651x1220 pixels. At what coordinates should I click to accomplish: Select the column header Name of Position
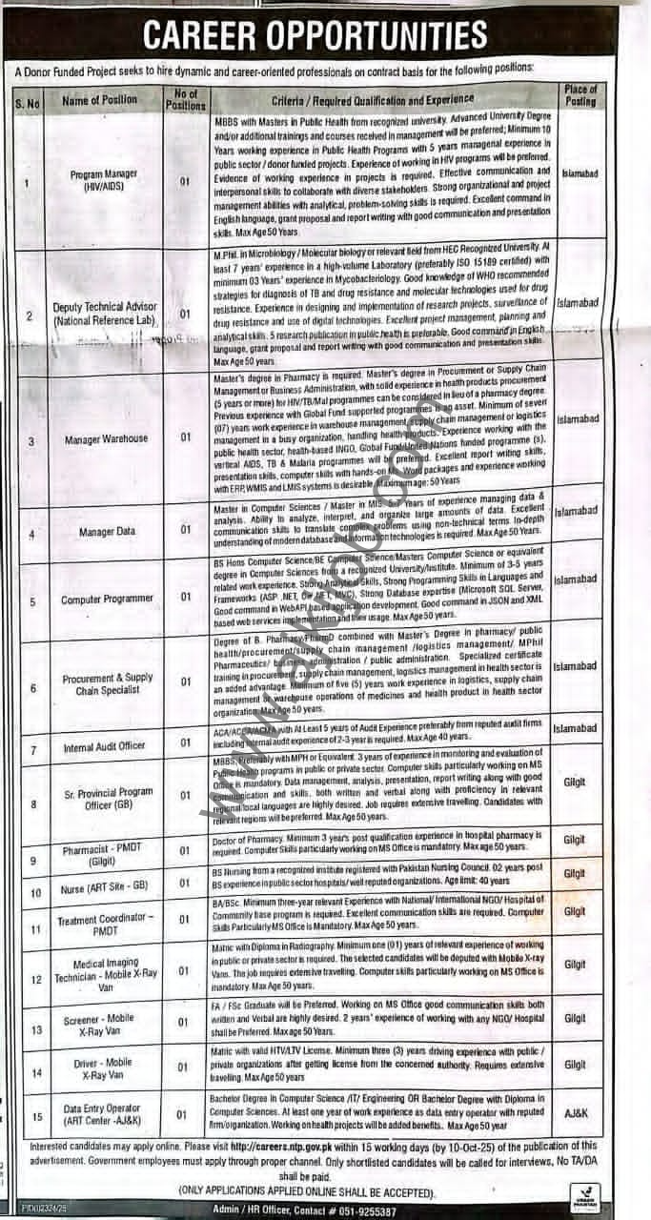point(99,99)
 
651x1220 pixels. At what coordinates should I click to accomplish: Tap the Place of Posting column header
point(580,95)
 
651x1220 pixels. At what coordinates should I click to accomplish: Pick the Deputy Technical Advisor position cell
point(105,315)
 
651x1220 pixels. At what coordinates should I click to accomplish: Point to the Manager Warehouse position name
point(106,439)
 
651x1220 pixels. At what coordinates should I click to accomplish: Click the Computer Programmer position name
point(107,600)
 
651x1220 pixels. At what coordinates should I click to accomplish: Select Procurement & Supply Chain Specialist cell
point(107,683)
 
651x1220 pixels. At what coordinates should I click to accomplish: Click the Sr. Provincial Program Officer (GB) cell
point(107,799)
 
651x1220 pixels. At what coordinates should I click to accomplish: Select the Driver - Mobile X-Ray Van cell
point(106,1068)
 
